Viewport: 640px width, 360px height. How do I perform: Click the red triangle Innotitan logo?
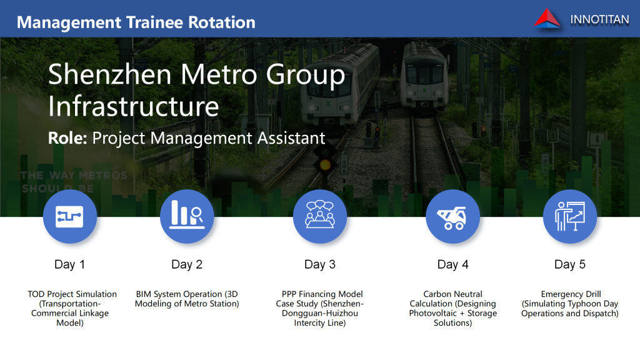(x=547, y=19)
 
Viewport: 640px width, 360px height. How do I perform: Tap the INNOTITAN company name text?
(x=599, y=19)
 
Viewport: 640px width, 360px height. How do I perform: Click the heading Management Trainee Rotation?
(x=136, y=22)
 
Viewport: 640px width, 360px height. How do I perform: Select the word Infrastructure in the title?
(x=134, y=106)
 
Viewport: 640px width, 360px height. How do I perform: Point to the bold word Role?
(x=67, y=138)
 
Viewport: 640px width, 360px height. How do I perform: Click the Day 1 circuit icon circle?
(x=70, y=216)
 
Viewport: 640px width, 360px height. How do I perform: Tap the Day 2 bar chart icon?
(x=187, y=216)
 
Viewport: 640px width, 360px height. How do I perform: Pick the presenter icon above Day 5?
(x=570, y=216)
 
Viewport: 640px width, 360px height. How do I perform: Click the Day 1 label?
(x=70, y=264)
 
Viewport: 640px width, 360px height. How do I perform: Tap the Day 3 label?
(x=320, y=264)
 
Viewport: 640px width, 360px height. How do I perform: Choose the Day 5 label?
(x=570, y=264)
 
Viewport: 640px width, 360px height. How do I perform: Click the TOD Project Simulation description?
(x=72, y=308)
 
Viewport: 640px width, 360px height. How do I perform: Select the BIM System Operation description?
(x=187, y=299)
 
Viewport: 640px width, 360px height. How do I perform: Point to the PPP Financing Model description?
(x=320, y=308)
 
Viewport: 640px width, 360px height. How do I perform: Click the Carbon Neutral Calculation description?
(x=452, y=308)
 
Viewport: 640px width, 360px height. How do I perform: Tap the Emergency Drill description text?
(x=570, y=304)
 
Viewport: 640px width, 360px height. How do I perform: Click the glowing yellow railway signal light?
(x=325, y=165)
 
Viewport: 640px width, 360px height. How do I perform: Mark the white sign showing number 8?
(x=597, y=139)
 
